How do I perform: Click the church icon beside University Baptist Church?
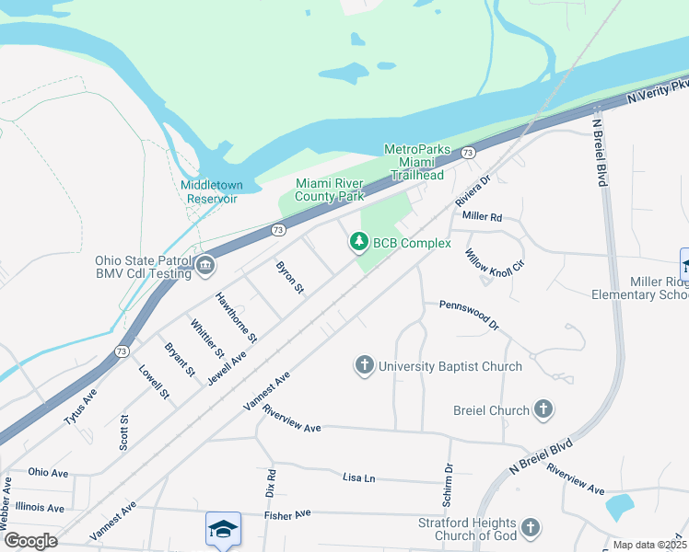(365, 366)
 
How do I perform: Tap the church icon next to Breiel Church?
(543, 410)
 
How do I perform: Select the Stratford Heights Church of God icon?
(530, 527)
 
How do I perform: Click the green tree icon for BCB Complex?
(357, 243)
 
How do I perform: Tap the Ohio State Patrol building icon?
(204, 267)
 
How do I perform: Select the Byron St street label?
(290, 277)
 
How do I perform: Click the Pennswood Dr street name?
(468, 314)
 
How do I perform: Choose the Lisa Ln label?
(359, 478)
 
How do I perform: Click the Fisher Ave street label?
(288, 515)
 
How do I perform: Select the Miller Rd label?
(482, 217)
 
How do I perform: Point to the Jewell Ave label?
(226, 366)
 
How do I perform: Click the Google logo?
(30, 541)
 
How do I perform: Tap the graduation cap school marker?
(223, 528)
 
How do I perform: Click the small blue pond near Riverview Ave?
(619, 507)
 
